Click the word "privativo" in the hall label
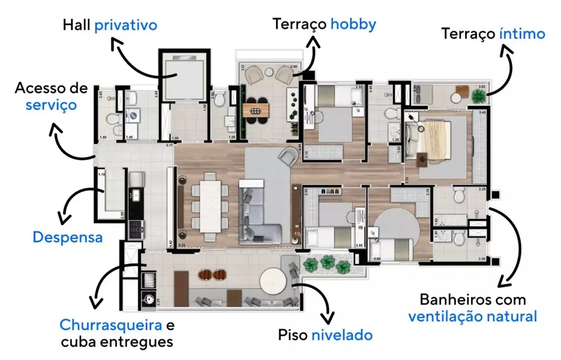tap(126, 25)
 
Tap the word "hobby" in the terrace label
tap(353, 24)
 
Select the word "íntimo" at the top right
tap(521, 34)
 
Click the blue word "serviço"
tap(51, 105)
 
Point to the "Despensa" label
tap(68, 237)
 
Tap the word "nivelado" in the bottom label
tap(342, 335)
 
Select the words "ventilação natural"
tap(472, 317)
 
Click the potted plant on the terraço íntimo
tap(478, 95)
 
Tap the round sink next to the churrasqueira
tap(149, 299)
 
